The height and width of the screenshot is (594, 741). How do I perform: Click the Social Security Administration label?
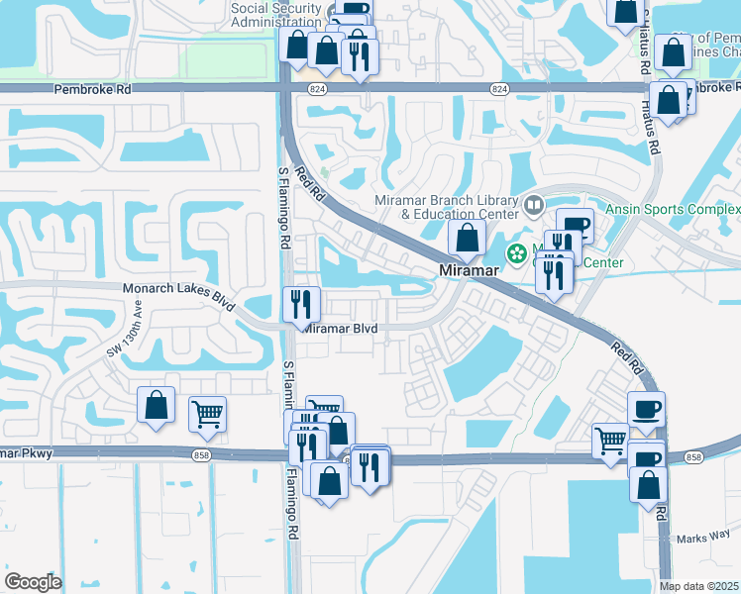tap(276, 15)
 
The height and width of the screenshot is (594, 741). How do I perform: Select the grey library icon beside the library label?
tap(534, 206)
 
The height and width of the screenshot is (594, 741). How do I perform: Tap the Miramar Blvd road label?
tap(341, 328)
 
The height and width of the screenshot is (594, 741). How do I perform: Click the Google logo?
tap(34, 582)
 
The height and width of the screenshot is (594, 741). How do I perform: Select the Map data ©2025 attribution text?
tap(699, 586)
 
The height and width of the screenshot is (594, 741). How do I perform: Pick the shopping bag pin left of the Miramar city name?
tap(466, 239)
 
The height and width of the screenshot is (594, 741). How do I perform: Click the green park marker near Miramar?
tap(516, 253)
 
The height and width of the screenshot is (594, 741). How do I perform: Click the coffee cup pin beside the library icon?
tap(574, 226)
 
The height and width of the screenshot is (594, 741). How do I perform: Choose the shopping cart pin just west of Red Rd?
tap(610, 441)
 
